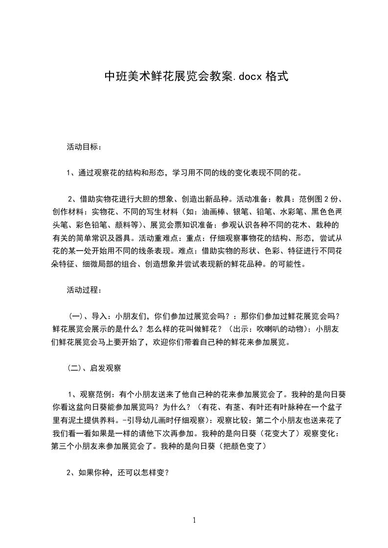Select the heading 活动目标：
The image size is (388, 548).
coord(84,146)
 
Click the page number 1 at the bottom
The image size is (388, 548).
coord(194,520)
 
